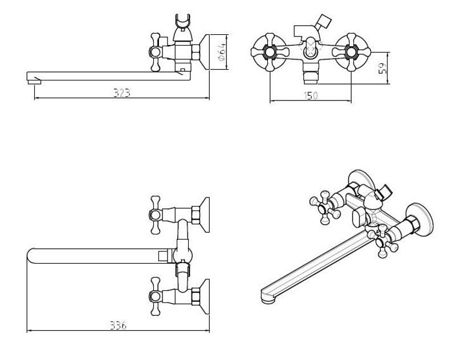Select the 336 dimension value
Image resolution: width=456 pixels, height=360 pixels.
[118, 325]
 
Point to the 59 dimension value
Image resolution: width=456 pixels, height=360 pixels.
[383, 68]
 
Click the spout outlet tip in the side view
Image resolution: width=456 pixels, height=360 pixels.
[34, 80]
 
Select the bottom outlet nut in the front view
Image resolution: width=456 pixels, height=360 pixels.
[310, 74]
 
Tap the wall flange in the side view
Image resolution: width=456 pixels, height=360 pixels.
[206, 52]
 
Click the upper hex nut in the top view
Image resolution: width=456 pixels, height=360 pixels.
[195, 215]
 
